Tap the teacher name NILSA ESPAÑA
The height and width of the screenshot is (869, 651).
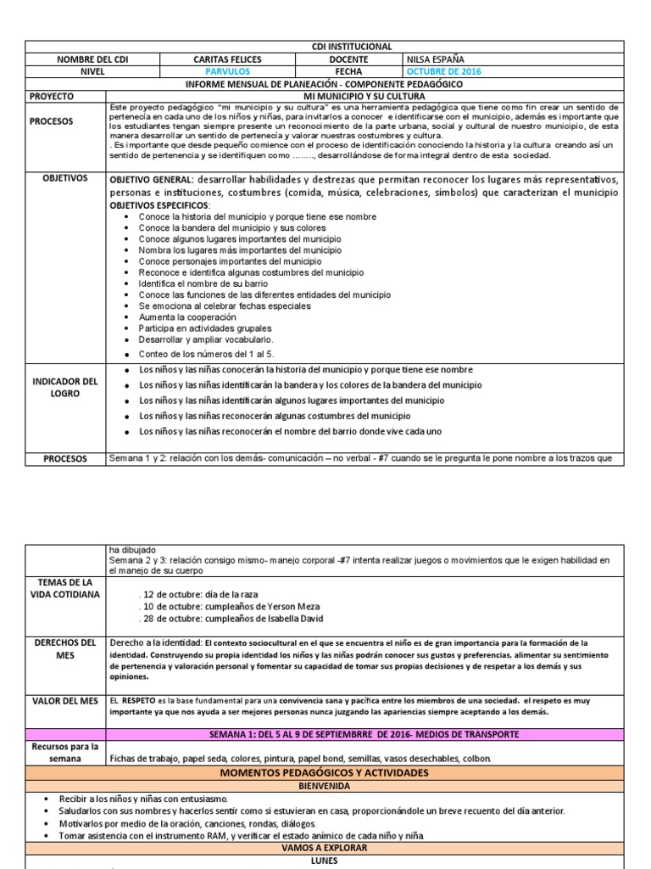442,59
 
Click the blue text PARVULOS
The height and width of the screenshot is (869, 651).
223,72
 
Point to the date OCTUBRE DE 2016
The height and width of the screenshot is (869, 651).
443,72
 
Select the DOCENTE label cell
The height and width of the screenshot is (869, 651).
349,59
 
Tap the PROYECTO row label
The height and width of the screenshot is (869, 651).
52,97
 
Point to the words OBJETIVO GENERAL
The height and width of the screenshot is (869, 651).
160,181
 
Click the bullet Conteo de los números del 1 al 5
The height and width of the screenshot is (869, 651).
206,354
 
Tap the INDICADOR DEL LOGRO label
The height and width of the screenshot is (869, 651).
66,388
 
